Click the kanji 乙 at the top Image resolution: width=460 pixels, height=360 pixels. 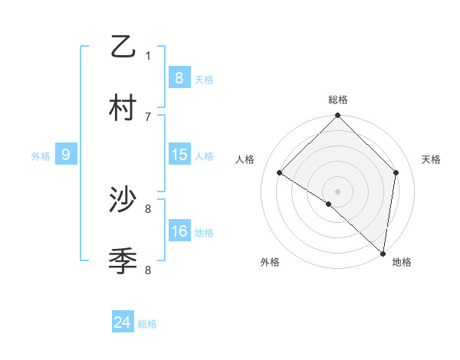point(123,47)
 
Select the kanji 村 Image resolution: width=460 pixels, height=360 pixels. point(123,108)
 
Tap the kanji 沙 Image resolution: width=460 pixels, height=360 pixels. point(123,201)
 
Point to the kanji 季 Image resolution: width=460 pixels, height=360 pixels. point(123,261)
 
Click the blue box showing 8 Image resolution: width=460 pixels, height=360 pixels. point(179,77)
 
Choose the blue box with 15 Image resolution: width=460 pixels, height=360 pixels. point(179,155)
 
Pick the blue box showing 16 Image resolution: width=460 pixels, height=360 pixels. point(179,231)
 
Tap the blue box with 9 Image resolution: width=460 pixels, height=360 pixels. point(66,155)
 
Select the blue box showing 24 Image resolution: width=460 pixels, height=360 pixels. point(122,322)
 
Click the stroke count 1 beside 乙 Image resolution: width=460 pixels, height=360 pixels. point(148,55)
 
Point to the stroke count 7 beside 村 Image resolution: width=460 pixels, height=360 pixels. point(148,116)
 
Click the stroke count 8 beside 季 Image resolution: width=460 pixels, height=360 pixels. point(148,270)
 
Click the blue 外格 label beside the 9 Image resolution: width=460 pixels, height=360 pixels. point(41,155)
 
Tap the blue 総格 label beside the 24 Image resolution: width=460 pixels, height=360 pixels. point(147,324)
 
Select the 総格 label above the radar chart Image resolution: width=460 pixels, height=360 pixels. point(338,100)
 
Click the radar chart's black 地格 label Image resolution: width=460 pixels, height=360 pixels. point(402,262)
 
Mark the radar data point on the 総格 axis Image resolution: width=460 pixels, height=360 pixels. point(337,116)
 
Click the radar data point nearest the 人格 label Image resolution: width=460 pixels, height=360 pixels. point(280,173)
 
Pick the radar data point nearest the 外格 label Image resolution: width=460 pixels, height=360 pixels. point(329,204)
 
